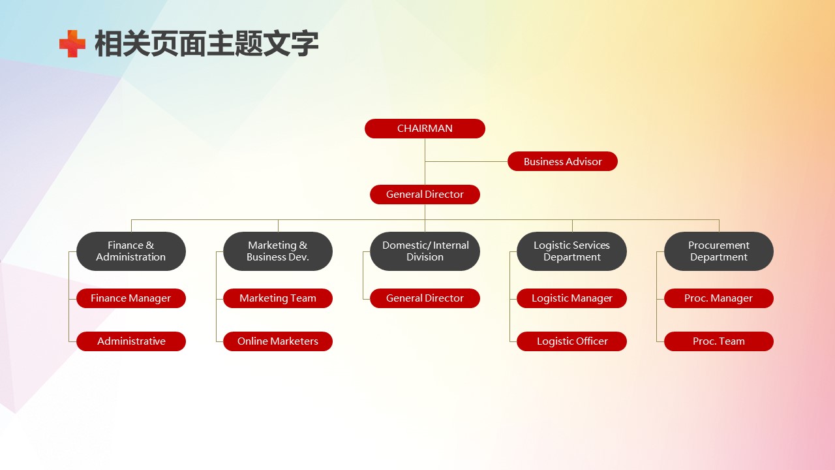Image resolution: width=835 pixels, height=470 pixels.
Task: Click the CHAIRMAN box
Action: coord(425,129)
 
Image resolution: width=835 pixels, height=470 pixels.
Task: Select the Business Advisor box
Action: coord(562,161)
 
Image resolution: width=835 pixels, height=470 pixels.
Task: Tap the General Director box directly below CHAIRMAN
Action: coord(425,195)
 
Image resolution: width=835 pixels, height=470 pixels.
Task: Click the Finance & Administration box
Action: coord(131,251)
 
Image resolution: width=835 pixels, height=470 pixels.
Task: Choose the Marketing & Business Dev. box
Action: coord(278,251)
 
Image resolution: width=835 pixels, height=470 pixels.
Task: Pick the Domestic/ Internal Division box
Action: coord(425,251)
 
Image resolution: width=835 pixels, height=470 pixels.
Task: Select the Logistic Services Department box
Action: coord(571,251)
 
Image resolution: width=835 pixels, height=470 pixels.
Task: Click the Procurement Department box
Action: coord(719,251)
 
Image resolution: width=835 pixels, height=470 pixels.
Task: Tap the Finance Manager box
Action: coord(131,298)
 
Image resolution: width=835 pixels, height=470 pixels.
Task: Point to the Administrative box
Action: coord(131,341)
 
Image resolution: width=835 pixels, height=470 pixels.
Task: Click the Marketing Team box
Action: coord(278,298)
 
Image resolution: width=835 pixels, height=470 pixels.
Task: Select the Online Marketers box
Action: coord(278,341)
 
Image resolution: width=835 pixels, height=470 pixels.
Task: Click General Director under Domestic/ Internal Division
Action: coord(425,298)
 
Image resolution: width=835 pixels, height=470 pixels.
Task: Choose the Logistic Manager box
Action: coord(571,298)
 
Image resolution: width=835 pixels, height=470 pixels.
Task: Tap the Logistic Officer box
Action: coord(571,341)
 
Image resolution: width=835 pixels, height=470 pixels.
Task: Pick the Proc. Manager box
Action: coord(719,298)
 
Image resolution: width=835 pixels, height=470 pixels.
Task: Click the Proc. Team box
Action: coord(719,341)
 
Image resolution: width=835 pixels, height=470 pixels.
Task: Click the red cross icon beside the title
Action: coord(72,44)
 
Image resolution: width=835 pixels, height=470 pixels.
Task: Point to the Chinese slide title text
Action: coord(206,44)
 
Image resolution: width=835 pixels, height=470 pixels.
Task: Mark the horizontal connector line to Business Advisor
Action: coord(466,161)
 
